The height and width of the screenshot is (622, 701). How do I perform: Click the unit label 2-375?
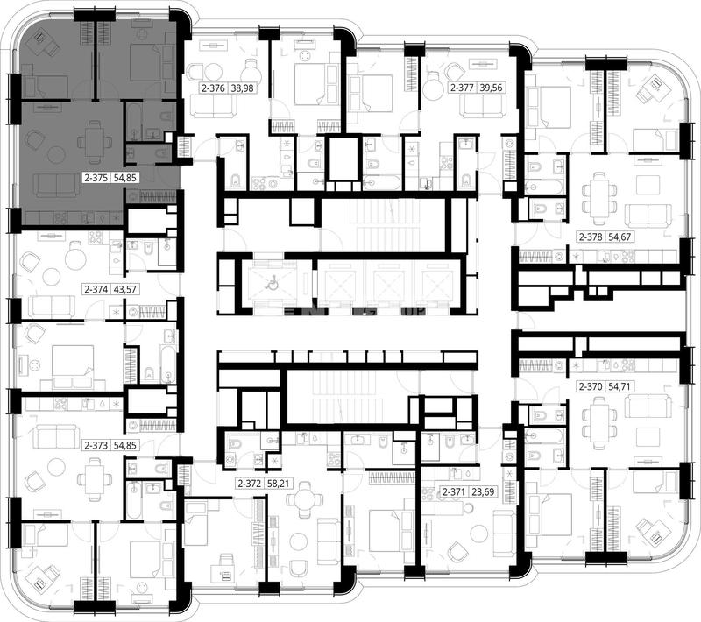[x=96, y=178]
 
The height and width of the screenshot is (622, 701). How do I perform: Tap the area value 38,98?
[x=242, y=88]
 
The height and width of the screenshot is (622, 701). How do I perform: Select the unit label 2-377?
[x=462, y=88]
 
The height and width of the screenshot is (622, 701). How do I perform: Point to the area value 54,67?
[x=620, y=237]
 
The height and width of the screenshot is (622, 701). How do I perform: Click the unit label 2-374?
[x=96, y=290]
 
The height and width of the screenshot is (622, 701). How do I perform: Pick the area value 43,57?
[x=125, y=290]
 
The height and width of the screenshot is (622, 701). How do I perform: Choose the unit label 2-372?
[x=250, y=484]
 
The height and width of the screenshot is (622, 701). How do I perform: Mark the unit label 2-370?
[x=591, y=386]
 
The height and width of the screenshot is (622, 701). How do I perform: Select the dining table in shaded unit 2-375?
[x=95, y=143]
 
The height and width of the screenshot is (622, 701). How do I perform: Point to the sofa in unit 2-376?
[x=213, y=105]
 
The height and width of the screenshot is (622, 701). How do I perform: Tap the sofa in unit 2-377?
[x=484, y=105]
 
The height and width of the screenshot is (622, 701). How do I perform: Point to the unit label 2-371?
[x=454, y=492]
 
